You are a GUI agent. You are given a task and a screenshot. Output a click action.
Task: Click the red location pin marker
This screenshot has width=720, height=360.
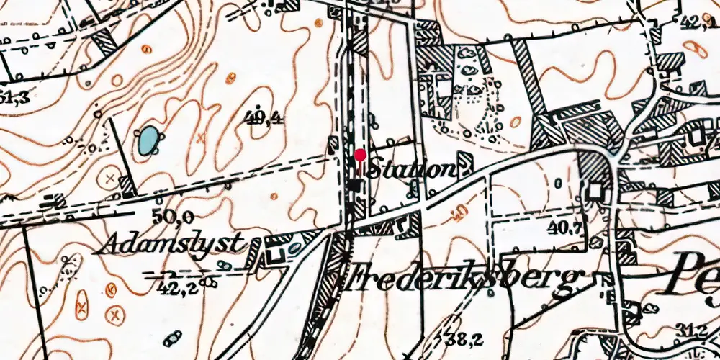359,154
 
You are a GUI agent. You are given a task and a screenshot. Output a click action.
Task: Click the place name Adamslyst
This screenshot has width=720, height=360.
170,244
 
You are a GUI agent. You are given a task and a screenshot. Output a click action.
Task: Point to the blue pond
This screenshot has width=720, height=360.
148,140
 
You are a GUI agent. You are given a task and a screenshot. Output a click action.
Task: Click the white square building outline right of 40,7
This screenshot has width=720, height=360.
595,191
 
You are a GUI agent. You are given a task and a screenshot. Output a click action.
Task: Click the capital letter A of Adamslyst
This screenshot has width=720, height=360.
107,245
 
